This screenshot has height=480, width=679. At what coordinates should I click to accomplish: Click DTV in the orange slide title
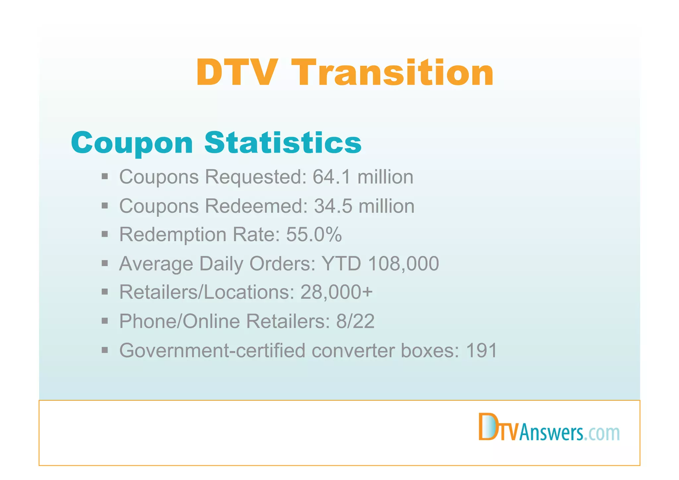236,73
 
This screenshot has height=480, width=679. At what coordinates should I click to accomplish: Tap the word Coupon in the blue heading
132,143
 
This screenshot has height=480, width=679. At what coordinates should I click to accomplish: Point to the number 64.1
331,177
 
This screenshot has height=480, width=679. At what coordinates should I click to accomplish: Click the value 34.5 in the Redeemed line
333,206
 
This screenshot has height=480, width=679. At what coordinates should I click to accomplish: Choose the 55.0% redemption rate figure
314,235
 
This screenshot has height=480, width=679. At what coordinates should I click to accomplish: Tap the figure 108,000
403,264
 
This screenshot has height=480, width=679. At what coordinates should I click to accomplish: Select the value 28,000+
336,292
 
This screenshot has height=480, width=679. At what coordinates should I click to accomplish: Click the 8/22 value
355,321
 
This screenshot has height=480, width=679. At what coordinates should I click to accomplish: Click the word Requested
256,177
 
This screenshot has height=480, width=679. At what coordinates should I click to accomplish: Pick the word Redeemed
256,206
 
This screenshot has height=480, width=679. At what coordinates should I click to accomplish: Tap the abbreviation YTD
341,264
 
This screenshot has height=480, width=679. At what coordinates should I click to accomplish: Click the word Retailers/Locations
207,292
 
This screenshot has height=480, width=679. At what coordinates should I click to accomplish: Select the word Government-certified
212,350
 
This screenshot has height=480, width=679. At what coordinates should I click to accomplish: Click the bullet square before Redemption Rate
105,235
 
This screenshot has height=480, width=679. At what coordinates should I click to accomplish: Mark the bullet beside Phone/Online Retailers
105,321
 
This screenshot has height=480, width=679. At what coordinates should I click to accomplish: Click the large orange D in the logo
487,427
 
